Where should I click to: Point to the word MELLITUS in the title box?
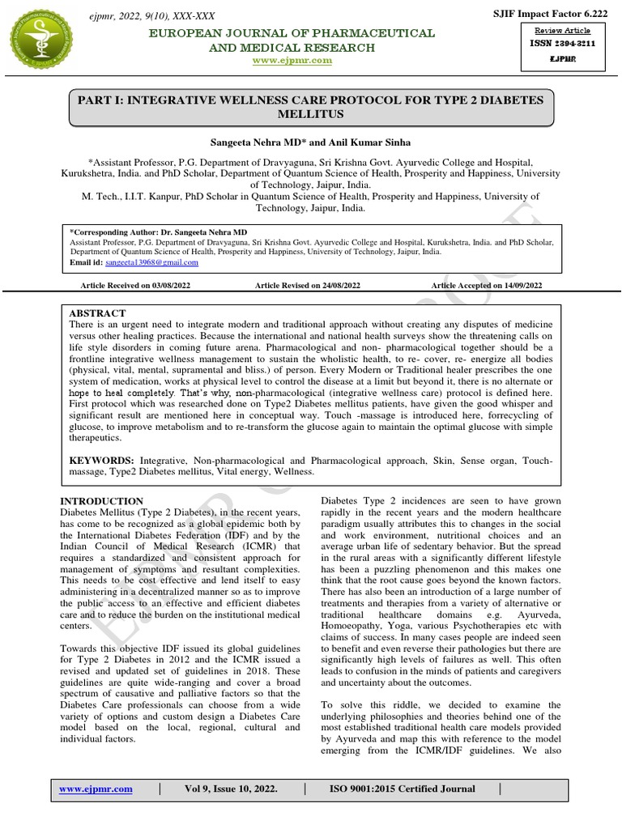click(x=312, y=115)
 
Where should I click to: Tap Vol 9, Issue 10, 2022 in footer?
click(x=231, y=789)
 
